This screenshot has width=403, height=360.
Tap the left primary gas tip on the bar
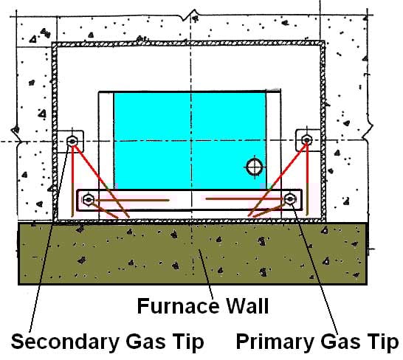pyautogui.click(x=89, y=198)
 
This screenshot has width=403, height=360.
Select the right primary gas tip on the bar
pyautogui.click(x=290, y=198)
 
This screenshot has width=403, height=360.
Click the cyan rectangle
pyautogui.click(x=185, y=140)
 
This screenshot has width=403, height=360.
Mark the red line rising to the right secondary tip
pyautogui.click(x=280, y=177)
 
